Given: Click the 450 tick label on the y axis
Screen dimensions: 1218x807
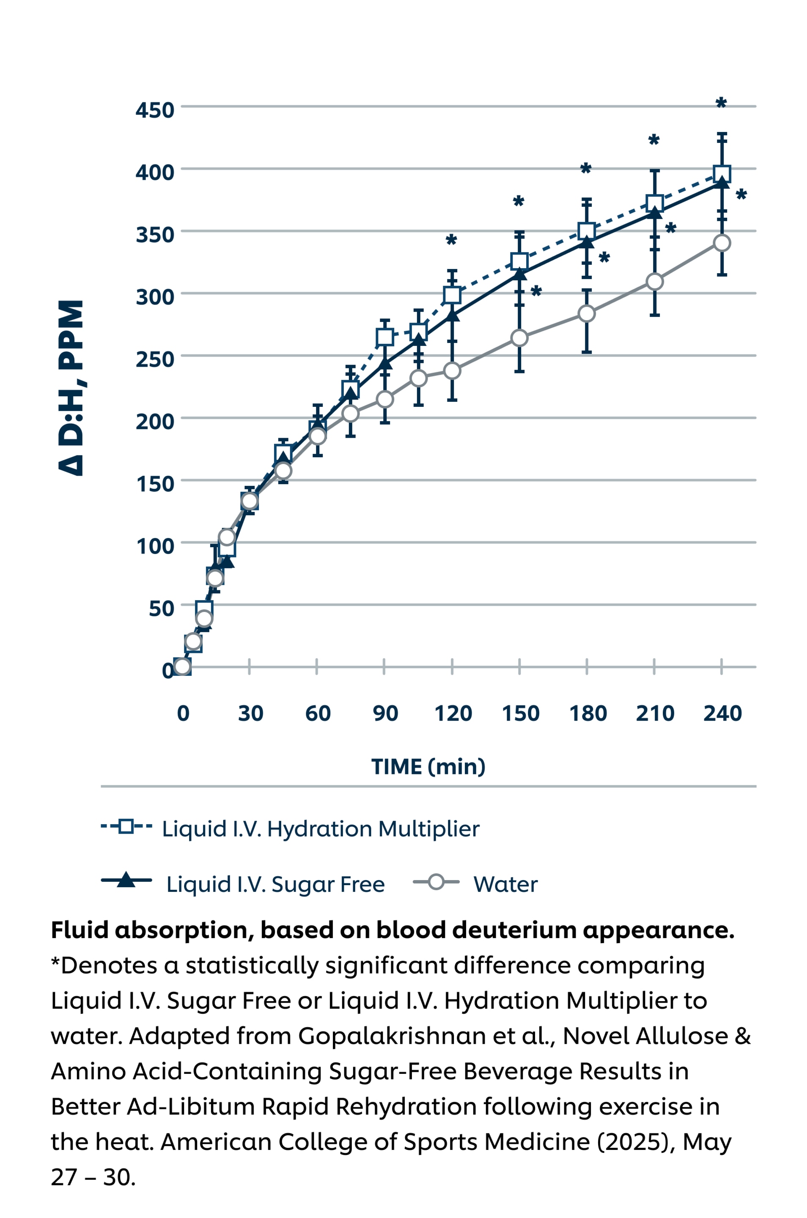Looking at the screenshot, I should click(155, 110).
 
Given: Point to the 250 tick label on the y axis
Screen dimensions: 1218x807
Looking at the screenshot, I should click(155, 359).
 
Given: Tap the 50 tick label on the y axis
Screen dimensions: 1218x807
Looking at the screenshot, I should click(161, 608).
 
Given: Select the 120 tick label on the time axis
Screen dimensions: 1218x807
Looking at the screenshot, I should click(453, 714).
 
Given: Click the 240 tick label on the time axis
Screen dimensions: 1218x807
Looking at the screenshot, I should click(722, 714).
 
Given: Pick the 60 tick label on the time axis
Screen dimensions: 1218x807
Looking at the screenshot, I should click(318, 714).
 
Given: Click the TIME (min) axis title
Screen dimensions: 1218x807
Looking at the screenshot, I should click(428, 767).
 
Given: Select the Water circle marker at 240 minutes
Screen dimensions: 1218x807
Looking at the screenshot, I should click(722, 243).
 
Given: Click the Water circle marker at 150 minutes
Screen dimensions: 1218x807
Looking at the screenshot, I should click(519, 338).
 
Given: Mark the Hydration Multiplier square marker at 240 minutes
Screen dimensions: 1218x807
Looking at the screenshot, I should click(722, 174).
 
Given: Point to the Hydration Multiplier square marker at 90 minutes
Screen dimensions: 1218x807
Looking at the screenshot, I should click(384, 337).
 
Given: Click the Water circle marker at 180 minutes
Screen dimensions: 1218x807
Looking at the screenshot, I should click(587, 313).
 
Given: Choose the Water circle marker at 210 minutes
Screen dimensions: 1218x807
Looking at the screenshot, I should click(654, 282).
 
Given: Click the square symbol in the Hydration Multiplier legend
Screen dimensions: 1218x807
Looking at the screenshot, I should click(126, 826).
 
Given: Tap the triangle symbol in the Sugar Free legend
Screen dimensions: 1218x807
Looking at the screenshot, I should click(126, 881).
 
